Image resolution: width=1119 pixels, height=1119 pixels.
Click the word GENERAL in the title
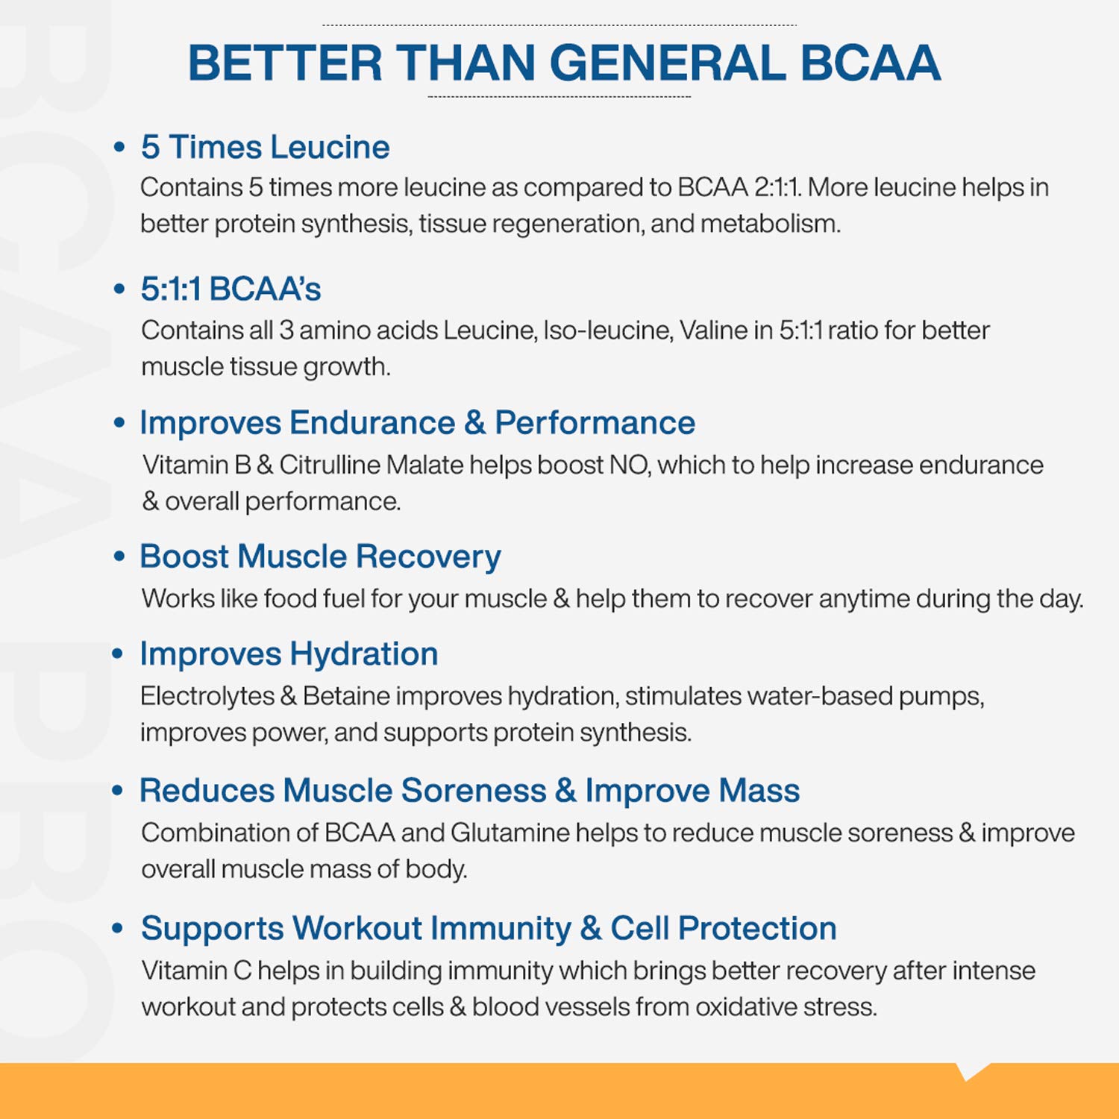tap(668, 63)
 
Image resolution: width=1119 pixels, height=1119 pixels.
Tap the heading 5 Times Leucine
tap(266, 147)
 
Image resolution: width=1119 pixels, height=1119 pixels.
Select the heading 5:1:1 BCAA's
tap(231, 289)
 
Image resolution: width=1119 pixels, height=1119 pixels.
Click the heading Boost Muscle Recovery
tap(321, 557)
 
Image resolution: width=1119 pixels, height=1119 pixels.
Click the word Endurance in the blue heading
tap(372, 423)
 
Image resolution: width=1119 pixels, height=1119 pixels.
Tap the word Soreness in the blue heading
tap(474, 791)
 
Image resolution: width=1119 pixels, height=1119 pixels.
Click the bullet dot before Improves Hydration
tap(118, 653)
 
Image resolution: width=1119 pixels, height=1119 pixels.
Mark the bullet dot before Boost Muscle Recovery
tap(119, 556)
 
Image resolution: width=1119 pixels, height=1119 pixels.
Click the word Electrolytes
tap(207, 696)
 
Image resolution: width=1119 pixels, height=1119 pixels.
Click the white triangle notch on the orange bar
tap(971, 1071)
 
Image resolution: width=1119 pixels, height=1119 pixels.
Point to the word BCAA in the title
tap(870, 63)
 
